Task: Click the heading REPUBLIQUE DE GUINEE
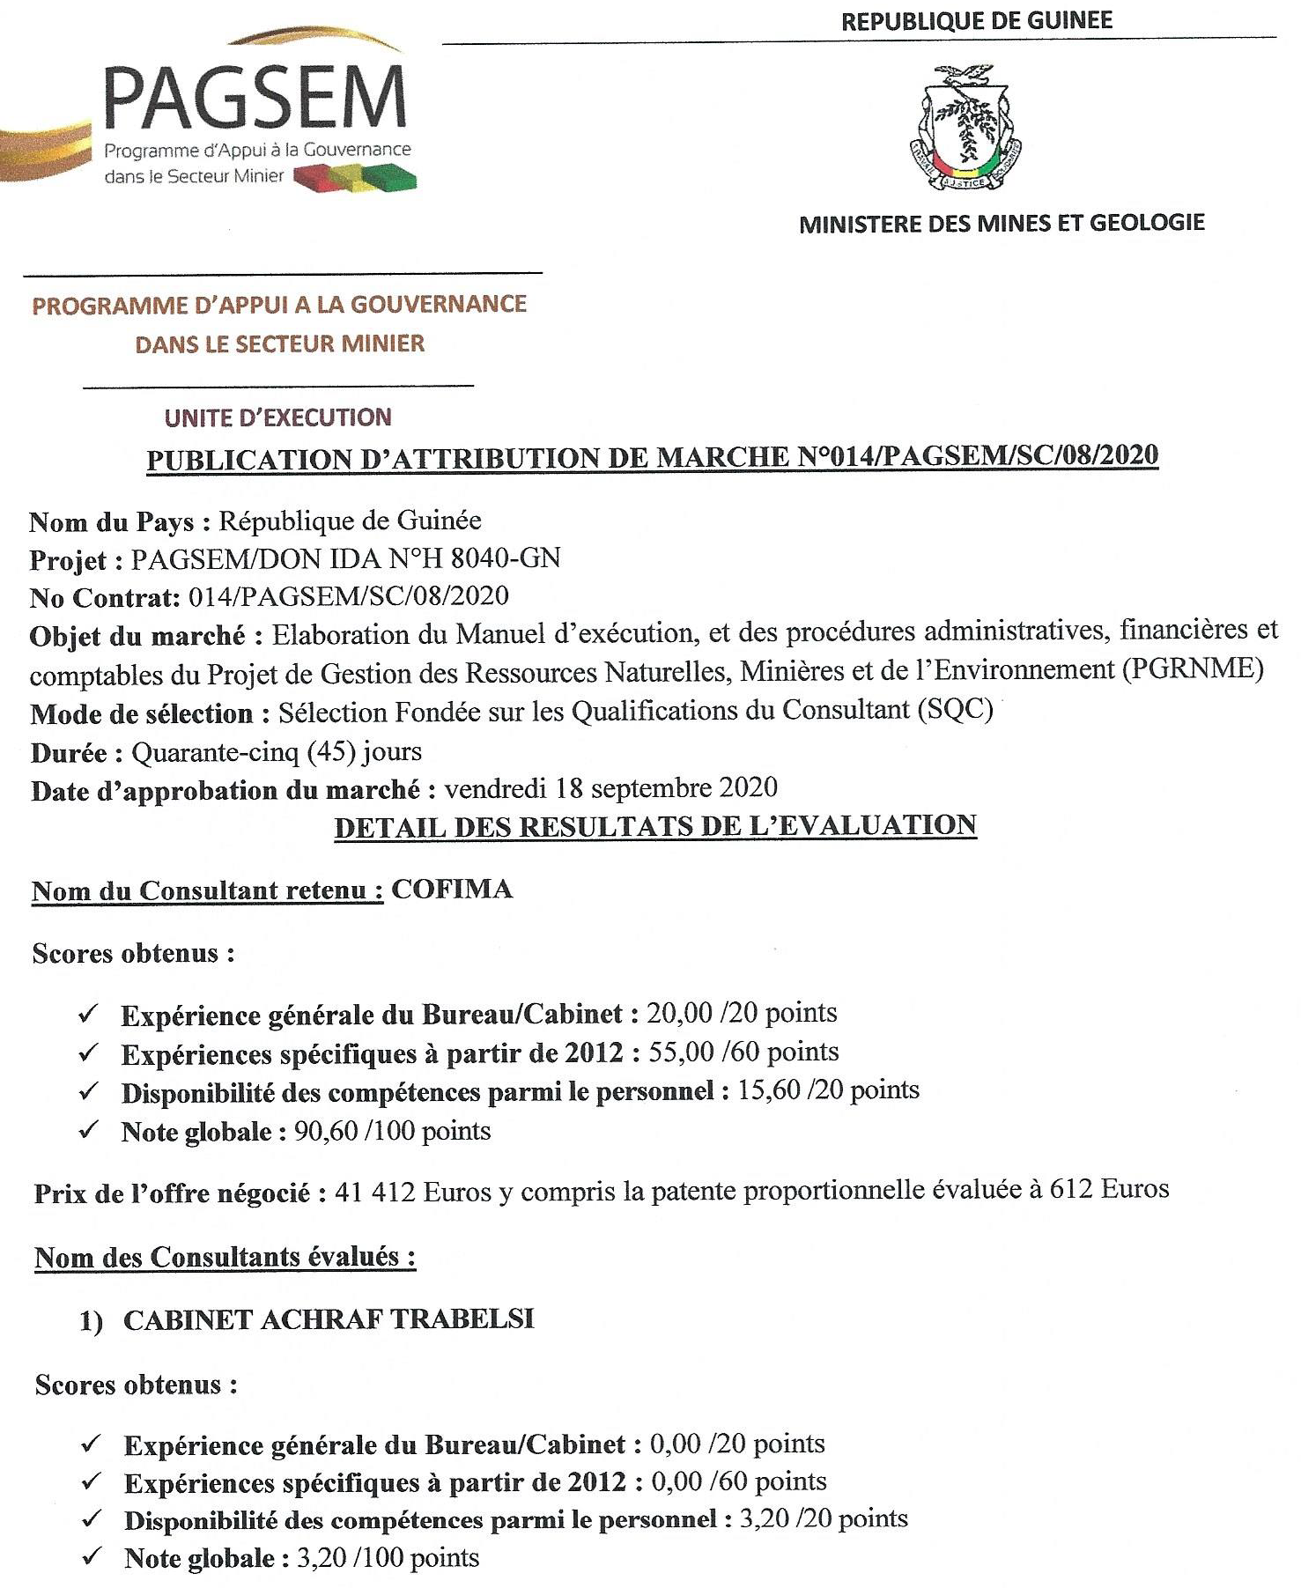point(976,21)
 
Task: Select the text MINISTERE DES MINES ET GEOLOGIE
point(1002,223)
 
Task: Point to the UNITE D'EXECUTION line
point(278,417)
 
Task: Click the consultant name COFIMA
point(452,890)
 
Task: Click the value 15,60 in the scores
point(768,1091)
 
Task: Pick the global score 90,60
point(326,1131)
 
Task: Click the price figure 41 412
point(376,1193)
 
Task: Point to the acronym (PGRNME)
point(1193,670)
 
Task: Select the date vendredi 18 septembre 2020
point(610,787)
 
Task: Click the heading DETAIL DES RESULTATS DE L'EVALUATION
point(655,826)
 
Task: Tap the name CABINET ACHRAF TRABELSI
point(329,1319)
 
